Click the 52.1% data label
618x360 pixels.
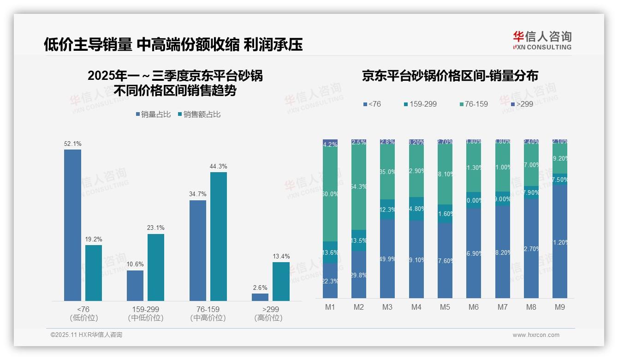pyautogui.click(x=72, y=144)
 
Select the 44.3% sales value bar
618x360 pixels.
pyautogui.click(x=219, y=236)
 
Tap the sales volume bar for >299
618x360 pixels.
pyautogui.click(x=260, y=297)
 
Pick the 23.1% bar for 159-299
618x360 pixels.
pyautogui.click(x=156, y=267)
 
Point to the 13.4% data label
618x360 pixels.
pyautogui.click(x=281, y=257)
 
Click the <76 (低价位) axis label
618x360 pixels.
pyautogui.click(x=83, y=313)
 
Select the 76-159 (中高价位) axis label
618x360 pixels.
pyautogui.click(x=208, y=313)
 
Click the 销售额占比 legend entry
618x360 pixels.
pyautogui.click(x=199, y=114)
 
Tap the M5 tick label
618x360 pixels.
pyautogui.click(x=445, y=307)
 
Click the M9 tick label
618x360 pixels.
pyautogui.click(x=559, y=307)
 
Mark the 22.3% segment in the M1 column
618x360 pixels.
pyautogui.click(x=330, y=281)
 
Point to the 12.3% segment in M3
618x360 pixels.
pyautogui.click(x=387, y=210)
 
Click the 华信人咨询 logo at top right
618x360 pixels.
pyautogui.click(x=542, y=40)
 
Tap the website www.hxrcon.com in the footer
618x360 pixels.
pyautogui.click(x=536, y=335)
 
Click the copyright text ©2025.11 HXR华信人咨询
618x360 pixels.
pyautogui.click(x=86, y=335)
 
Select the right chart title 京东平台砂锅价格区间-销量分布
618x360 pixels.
pyautogui.click(x=450, y=76)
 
